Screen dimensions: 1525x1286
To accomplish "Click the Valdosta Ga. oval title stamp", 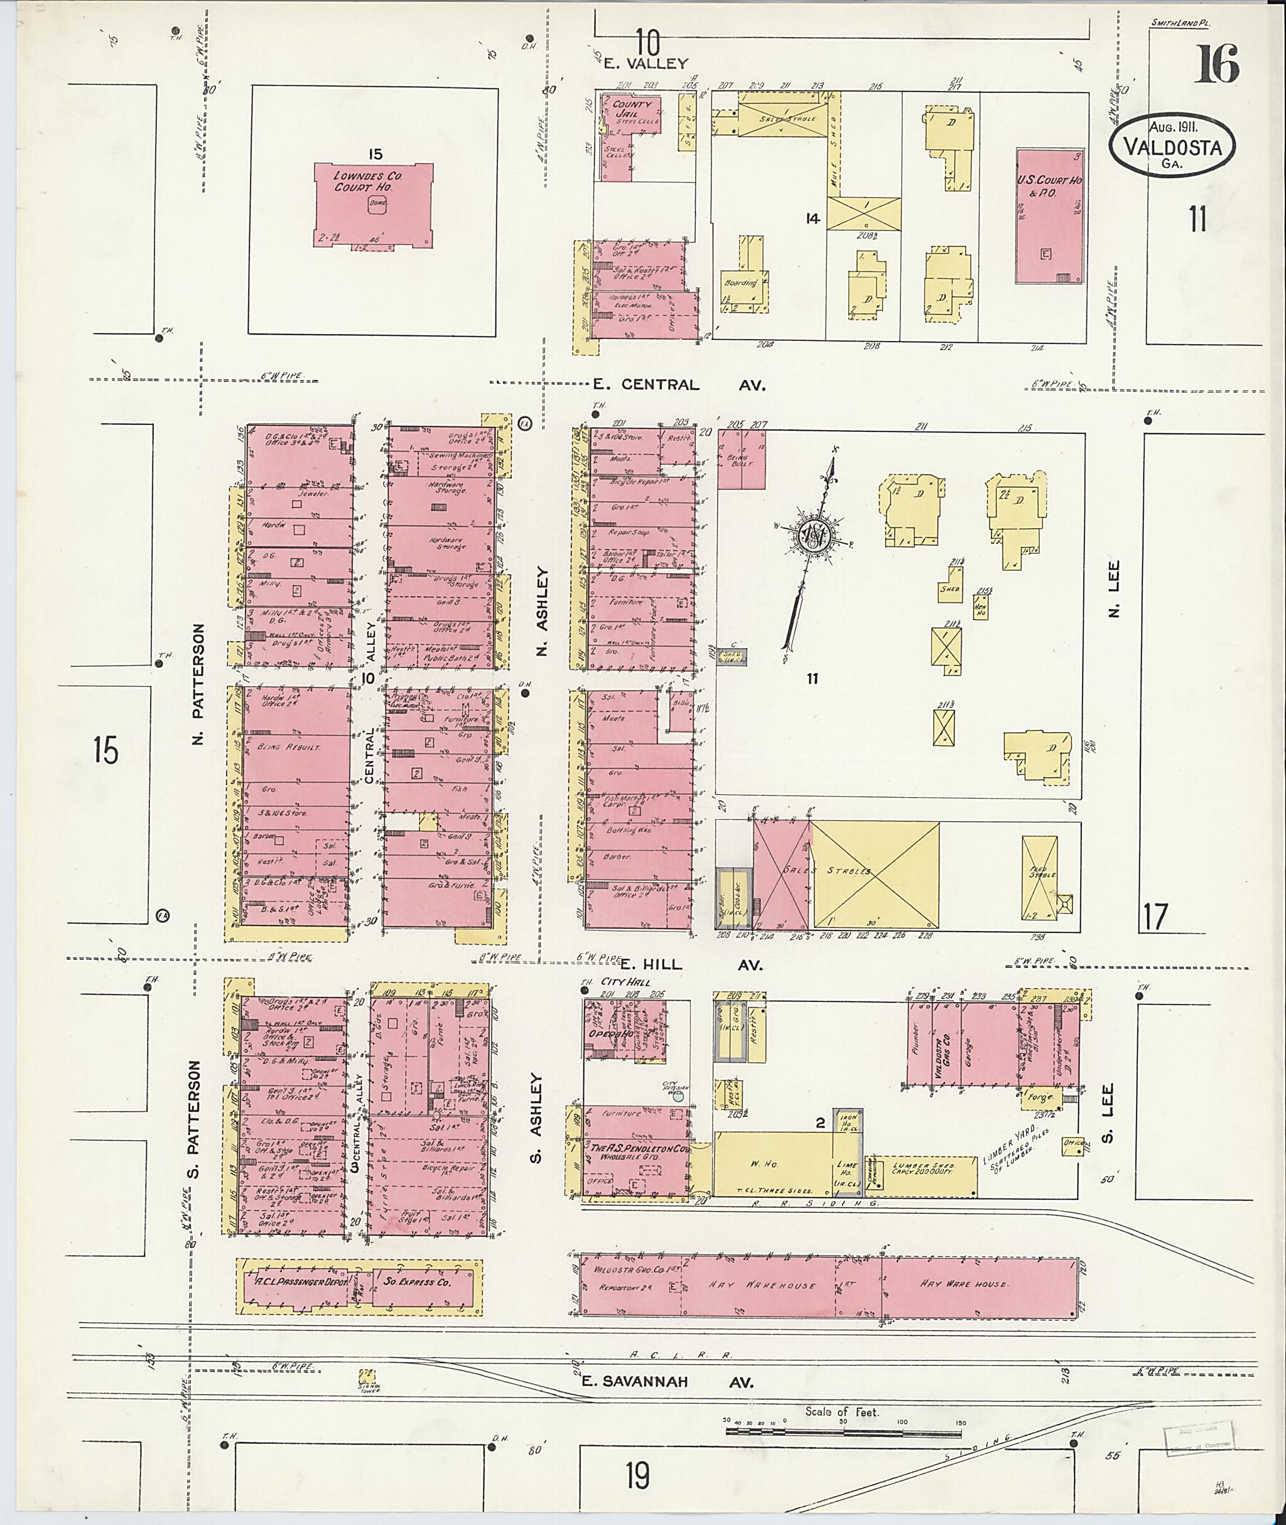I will click(x=1172, y=146).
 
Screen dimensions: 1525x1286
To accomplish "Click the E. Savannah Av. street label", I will click(x=666, y=1381).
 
